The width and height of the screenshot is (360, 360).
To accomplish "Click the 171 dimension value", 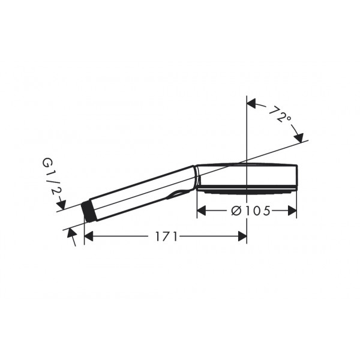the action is click(x=167, y=236).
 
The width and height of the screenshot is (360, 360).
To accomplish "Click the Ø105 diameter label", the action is click(x=251, y=211).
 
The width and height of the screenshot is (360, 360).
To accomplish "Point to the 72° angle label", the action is click(x=280, y=114).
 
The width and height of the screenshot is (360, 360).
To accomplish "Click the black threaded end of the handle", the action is click(x=88, y=211).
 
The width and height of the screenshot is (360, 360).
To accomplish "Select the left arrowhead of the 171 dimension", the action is click(x=89, y=236).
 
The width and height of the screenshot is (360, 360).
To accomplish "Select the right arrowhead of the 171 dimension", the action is click(x=242, y=236).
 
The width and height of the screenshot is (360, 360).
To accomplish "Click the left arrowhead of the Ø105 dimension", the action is click(x=202, y=211).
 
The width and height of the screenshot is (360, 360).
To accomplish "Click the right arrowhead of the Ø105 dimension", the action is click(x=292, y=211).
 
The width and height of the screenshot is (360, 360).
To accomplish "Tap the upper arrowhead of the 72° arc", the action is click(x=251, y=104).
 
